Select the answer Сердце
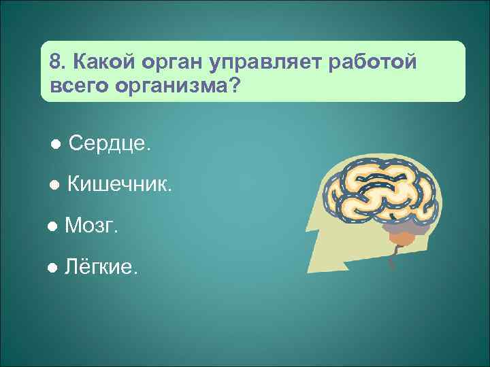pos(111,143)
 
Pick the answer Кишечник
pos(120,184)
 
